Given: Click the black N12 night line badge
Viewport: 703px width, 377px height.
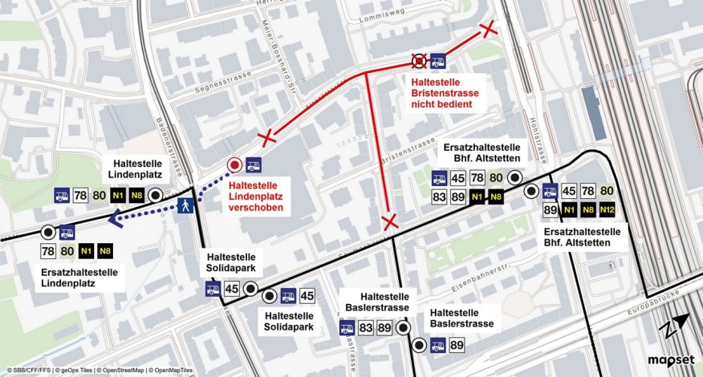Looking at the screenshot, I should click(607, 211).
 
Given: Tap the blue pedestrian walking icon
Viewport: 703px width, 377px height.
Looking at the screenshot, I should click(186, 205).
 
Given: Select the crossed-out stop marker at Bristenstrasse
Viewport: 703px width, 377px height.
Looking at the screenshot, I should click(419, 61).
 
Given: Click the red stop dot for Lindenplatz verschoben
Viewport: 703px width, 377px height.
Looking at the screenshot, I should click(234, 165).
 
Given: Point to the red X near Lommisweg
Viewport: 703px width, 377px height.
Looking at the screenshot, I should click(488, 30).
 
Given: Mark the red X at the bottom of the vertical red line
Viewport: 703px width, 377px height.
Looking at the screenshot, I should click(390, 221).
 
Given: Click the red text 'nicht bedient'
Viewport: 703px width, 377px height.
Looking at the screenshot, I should click(443, 105).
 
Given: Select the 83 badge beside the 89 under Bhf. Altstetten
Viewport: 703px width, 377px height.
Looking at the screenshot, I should click(439, 197).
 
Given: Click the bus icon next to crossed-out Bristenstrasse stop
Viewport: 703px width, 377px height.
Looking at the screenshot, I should click(438, 61).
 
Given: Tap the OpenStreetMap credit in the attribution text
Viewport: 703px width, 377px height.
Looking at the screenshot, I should click(118, 371).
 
